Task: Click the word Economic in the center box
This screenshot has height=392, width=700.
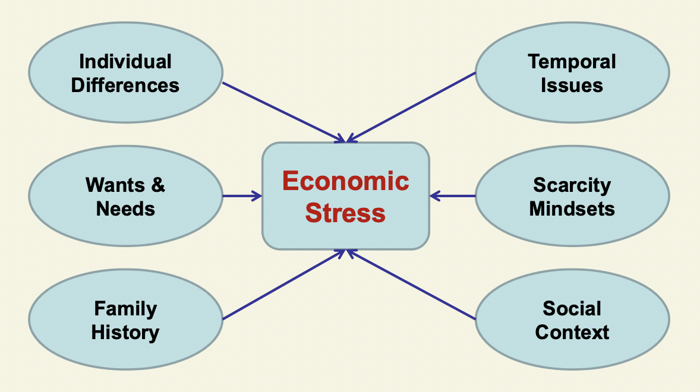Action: click(345, 181)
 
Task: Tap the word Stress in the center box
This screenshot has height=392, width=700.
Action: click(345, 213)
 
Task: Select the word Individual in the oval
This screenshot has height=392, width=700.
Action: click(125, 61)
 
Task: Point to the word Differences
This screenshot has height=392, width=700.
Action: click(125, 85)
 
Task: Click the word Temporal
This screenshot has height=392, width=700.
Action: click(572, 61)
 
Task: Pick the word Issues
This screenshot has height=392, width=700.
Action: click(572, 85)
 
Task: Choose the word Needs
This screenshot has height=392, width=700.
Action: click(125, 208)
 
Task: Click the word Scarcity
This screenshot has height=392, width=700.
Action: click(572, 185)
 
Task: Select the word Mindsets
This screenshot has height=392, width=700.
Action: click(572, 208)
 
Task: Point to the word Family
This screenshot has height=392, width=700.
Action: click(125, 308)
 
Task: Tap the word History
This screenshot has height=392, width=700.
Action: click(125, 332)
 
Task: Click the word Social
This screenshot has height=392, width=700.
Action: click(572, 308)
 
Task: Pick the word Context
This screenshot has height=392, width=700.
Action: click(572, 332)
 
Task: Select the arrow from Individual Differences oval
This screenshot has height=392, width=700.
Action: click(283, 112)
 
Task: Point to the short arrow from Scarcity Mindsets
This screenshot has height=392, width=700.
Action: click(452, 195)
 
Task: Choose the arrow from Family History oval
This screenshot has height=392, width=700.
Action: click(283, 284)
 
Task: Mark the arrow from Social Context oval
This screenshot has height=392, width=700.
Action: click(411, 284)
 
